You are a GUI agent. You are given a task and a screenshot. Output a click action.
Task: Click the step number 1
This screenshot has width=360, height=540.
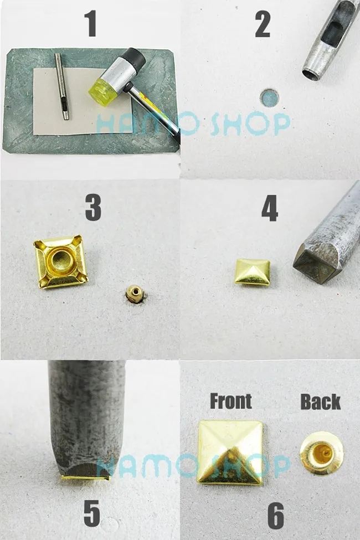tap(91, 24)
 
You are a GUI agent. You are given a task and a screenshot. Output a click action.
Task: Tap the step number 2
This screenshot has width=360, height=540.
tap(263, 24)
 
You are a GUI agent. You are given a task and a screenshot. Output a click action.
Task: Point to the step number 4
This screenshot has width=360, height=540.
tap(269, 208)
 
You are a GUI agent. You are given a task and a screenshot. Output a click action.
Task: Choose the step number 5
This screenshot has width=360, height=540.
tap(92, 513)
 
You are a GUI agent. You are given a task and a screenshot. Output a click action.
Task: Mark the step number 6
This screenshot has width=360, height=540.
tap(276, 516)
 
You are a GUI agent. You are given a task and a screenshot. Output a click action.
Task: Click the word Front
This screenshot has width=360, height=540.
tap(231, 401)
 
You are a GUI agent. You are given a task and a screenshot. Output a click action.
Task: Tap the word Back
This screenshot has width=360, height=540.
tap(320, 402)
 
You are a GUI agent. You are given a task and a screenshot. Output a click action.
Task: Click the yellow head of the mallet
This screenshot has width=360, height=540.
tap(101, 88)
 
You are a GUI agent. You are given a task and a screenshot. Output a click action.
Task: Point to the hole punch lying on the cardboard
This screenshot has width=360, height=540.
tap(62, 86)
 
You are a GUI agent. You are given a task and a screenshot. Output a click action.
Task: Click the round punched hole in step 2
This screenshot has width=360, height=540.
tap(269, 98)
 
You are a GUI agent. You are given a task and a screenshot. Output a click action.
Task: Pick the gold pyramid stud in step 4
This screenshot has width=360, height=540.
tap(252, 272)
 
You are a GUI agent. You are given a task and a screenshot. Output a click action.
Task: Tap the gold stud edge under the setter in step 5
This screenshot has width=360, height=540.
tap(86, 478)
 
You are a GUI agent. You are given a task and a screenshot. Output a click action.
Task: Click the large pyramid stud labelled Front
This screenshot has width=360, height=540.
tap(230, 452)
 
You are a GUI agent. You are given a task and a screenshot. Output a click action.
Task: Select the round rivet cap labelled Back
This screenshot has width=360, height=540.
tap(322, 453)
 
